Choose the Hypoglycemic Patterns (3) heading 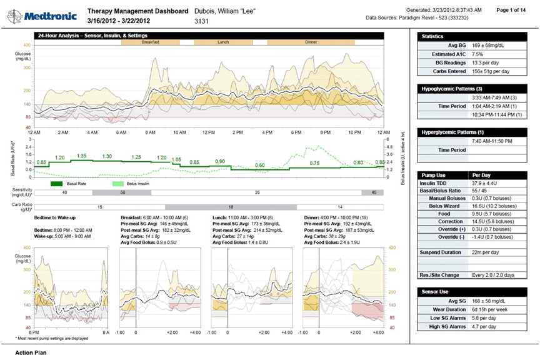pyautogui.click(x=450, y=89)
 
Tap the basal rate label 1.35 pyautogui.click(x=81, y=156)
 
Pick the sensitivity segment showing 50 pyautogui.click(x=112, y=193)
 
